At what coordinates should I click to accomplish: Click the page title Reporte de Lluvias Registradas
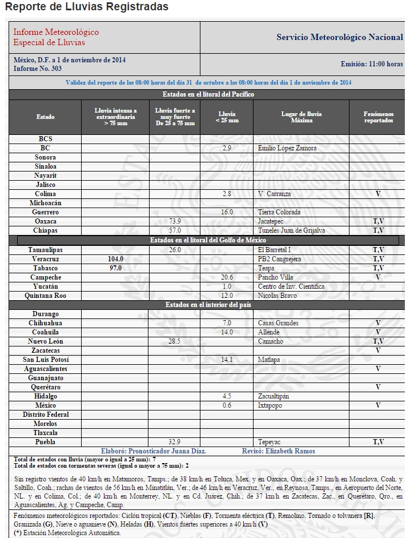coord(86,7)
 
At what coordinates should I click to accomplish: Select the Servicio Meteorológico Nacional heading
coord(339,37)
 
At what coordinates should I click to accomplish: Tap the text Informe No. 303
coord(38,69)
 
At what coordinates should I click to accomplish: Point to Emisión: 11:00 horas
coord(371,64)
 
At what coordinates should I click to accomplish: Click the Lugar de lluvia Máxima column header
coord(302,117)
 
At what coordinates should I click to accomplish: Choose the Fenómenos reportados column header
coord(378,117)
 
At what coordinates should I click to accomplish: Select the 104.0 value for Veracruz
coord(115,259)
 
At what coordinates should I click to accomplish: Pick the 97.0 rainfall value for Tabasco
coord(115,268)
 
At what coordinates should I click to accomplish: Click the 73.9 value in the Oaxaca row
coord(175,221)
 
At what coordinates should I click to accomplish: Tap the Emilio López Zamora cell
coord(287,148)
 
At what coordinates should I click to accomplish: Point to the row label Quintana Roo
coord(46,296)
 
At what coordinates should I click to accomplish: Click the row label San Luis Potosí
coord(46,360)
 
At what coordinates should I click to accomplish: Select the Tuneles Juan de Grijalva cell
coord(291,230)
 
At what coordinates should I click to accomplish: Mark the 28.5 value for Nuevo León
coord(175,341)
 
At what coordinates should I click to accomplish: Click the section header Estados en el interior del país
coord(208,305)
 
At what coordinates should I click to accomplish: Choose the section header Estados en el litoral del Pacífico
coord(208,94)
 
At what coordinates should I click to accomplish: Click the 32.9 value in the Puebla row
coord(175,442)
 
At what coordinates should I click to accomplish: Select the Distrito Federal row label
coord(46,415)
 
